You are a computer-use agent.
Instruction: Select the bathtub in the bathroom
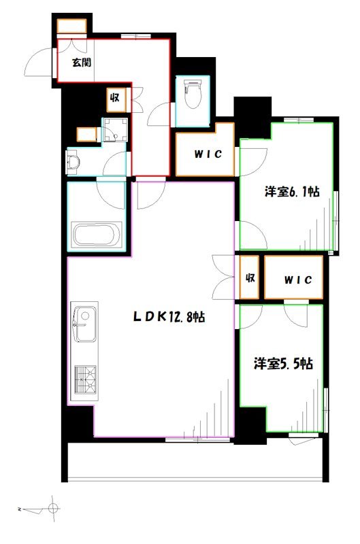97,235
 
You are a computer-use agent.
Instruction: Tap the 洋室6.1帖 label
292,192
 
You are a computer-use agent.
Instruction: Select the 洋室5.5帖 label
284,364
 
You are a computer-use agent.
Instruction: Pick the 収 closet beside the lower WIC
250,278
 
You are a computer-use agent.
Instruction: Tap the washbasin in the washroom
74,162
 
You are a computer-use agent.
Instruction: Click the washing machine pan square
115,130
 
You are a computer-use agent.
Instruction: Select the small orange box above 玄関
71,26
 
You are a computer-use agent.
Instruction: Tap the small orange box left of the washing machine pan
86,134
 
